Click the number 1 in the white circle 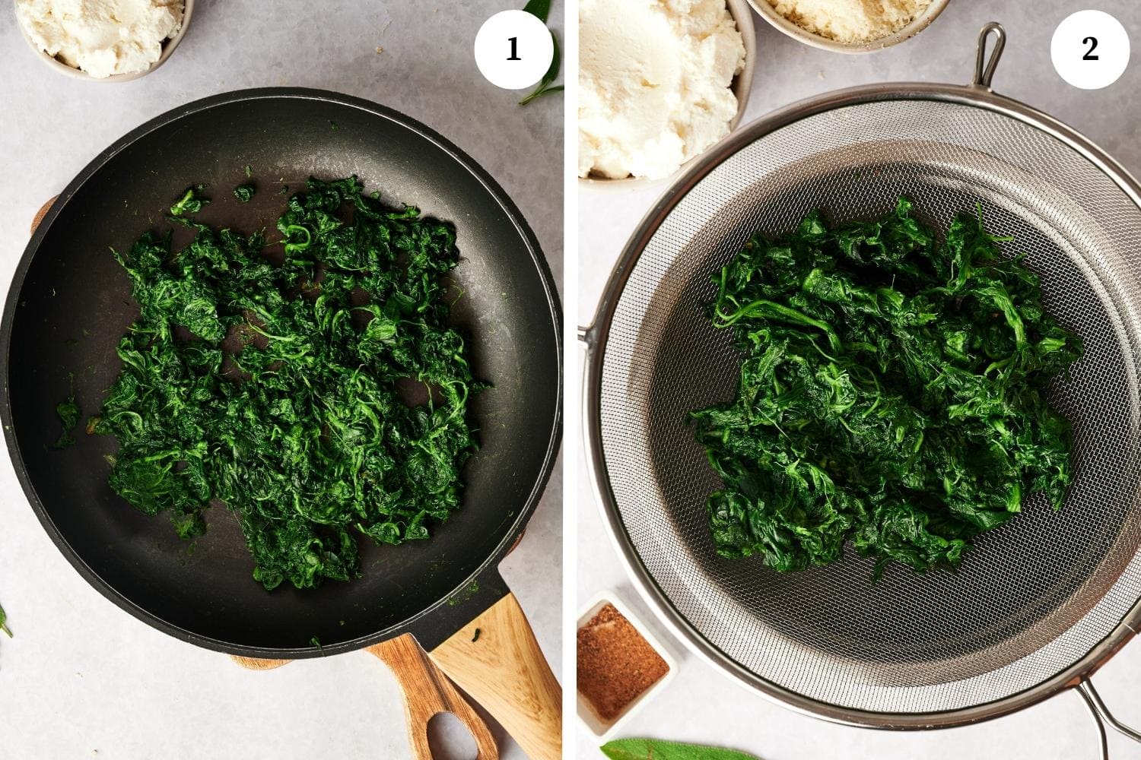point(513,49)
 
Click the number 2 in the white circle point(1090,49)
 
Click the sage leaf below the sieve point(672,750)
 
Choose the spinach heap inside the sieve point(886,387)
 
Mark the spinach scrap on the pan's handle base point(475,635)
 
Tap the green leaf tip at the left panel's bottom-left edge point(4,621)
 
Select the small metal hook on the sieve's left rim point(583,336)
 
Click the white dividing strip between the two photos point(570,380)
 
